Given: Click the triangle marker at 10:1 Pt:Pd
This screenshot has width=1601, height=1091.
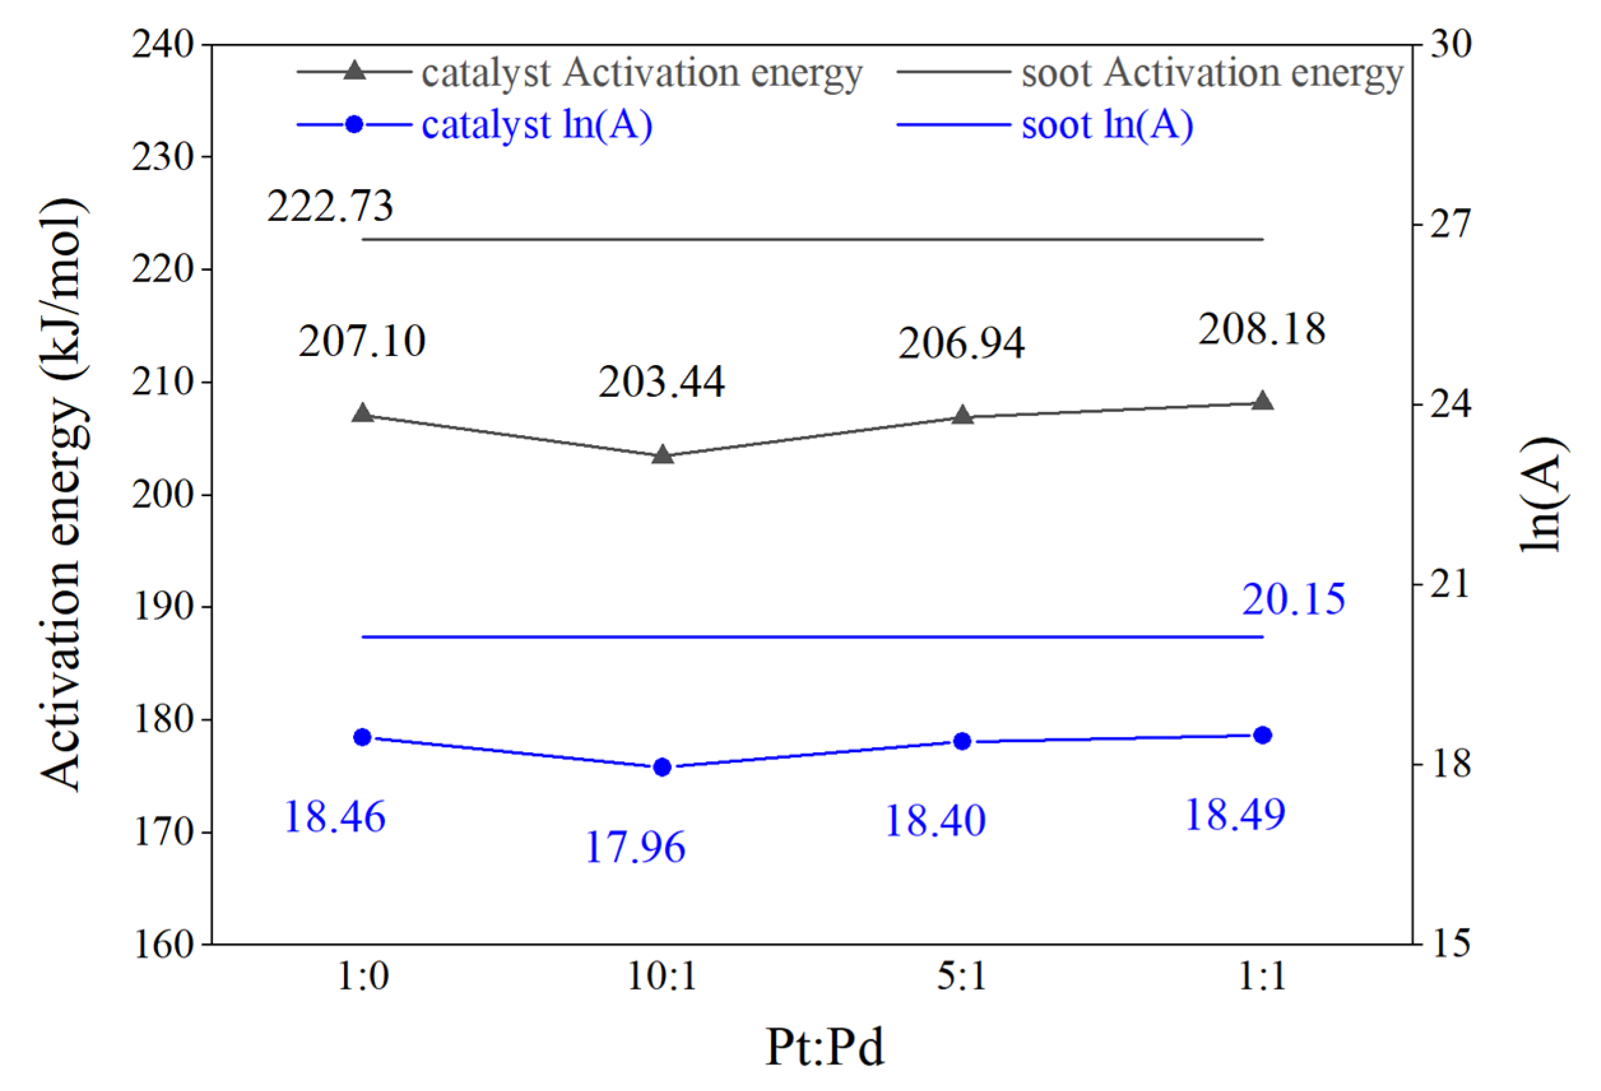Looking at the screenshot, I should [662, 454].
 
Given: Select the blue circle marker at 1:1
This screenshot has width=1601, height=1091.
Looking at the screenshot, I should [1262, 735].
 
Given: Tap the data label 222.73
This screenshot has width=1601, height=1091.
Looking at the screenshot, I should [330, 205].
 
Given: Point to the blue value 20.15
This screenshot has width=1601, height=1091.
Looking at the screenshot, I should [1293, 599].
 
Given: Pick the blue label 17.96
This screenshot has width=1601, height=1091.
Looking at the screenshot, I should [635, 846].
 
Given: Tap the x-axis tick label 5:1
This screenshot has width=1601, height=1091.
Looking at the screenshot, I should [962, 976].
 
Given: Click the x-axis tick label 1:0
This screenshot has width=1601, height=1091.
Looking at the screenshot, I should [363, 976].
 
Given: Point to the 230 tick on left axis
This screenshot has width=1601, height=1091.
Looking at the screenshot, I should [162, 157].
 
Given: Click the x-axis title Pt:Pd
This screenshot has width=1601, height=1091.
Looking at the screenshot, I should [824, 1046].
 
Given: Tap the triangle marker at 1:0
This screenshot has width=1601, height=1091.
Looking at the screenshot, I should [363, 413].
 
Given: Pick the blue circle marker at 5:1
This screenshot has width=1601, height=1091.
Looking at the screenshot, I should [962, 741].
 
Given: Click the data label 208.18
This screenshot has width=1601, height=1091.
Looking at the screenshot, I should [1261, 329].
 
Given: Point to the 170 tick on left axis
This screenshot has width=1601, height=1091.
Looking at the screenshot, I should [162, 832].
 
